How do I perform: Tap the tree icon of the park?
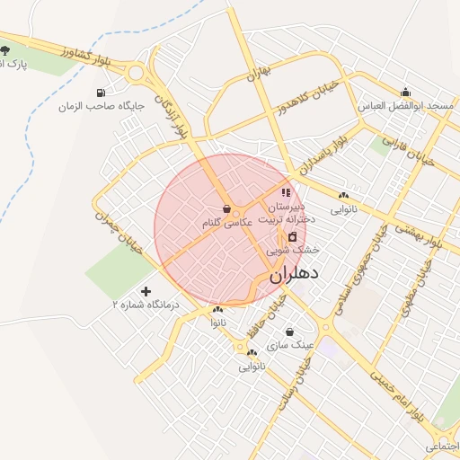(6, 49)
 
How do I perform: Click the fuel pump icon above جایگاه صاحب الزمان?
(100, 93)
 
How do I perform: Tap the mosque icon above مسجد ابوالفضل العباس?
(406, 92)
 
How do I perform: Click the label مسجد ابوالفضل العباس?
(406, 106)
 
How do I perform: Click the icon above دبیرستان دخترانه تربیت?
(286, 192)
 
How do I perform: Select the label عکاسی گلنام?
(226, 222)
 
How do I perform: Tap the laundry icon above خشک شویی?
(292, 236)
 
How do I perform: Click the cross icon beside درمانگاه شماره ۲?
(146, 291)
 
